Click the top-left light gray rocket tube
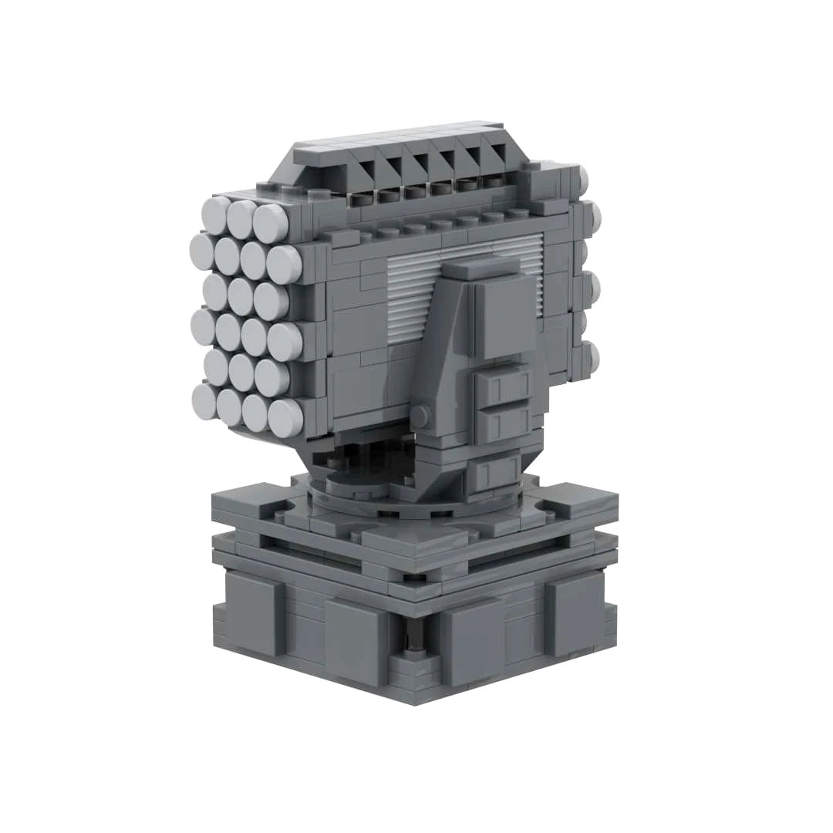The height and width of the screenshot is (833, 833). [x=216, y=214]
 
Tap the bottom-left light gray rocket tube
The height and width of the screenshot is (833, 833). [x=205, y=401]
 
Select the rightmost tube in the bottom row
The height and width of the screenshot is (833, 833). [x=285, y=417]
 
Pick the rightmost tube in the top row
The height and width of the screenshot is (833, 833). [x=271, y=223]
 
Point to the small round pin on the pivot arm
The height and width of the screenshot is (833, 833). [x=420, y=416]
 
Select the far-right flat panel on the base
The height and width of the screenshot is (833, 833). [x=575, y=613]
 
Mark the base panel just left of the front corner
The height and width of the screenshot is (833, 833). [x=355, y=640]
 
